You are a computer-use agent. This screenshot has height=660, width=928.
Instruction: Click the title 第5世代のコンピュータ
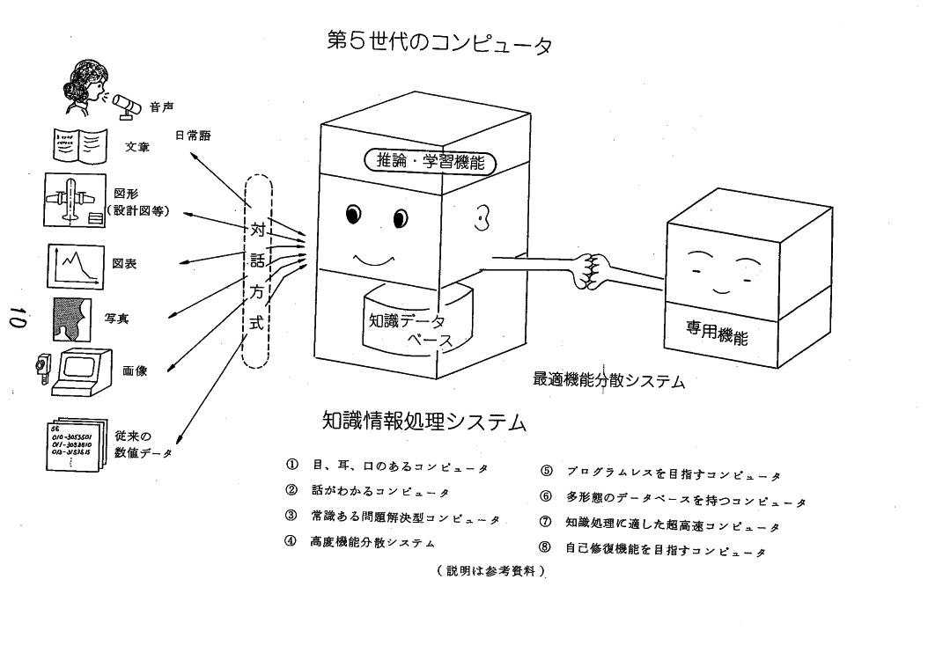438,42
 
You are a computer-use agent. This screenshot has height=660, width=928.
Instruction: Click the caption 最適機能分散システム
608,380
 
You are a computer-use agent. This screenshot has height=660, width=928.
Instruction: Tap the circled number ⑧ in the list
545,546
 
